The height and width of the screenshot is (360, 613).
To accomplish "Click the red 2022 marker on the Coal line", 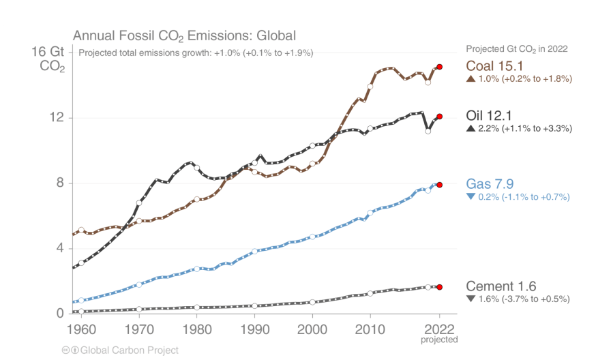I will click(440, 67).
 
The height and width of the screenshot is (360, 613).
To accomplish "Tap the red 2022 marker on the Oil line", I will click(440, 117).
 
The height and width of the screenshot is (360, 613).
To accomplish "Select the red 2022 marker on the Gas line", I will click(440, 185).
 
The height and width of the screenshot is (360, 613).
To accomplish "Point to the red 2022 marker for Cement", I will click(440, 288).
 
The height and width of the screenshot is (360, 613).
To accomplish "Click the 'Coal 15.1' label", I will click(494, 66).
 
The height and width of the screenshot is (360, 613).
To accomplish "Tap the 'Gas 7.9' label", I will click(490, 183).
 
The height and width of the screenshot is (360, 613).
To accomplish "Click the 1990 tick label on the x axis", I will click(254, 329).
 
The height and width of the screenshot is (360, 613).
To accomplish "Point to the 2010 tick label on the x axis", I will click(370, 329).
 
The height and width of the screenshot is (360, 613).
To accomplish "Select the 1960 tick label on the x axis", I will click(81, 329).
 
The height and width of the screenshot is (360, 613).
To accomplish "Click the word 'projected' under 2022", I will click(440, 340).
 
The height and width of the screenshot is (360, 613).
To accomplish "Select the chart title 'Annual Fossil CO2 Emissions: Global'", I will click(184, 35).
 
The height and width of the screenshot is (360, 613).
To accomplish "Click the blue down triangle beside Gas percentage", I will click(470, 197).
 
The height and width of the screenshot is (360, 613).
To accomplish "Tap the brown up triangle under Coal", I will click(470, 79).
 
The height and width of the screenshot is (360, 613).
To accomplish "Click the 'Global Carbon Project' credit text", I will click(129, 350).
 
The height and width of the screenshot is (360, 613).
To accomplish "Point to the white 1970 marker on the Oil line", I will click(139, 202).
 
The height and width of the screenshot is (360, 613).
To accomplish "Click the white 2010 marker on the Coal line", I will click(370, 87).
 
